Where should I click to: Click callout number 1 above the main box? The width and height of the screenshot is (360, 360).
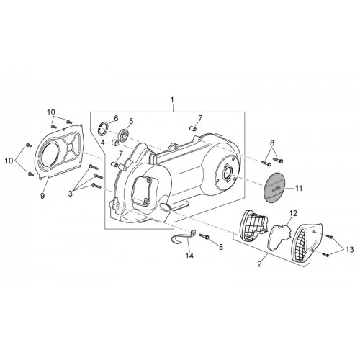click(x=172, y=99)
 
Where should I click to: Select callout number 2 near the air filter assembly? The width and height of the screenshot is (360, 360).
click(x=259, y=264)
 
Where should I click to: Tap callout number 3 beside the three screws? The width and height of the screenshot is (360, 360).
click(x=70, y=194)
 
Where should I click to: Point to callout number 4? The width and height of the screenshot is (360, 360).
click(x=103, y=143)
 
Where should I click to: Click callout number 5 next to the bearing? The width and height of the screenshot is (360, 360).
click(x=131, y=121)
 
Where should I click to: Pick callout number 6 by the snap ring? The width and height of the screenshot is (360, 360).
click(x=116, y=118)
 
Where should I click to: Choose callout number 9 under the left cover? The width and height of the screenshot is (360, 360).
click(x=42, y=196)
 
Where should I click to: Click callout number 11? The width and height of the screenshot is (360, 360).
click(x=299, y=188)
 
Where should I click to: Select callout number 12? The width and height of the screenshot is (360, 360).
click(x=293, y=213)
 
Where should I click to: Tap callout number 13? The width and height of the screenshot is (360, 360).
click(x=350, y=250)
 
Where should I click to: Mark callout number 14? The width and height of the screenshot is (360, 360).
click(x=189, y=256)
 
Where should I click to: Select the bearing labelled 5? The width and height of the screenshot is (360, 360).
click(x=124, y=135)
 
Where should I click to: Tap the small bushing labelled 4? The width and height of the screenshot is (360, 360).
click(x=115, y=143)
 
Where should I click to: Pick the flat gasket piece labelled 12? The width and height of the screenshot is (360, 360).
click(x=280, y=237)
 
